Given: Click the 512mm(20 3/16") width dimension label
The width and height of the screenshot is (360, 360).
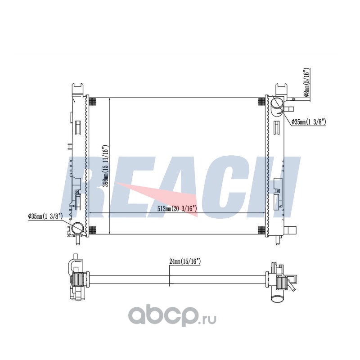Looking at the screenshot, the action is [x=177, y=208].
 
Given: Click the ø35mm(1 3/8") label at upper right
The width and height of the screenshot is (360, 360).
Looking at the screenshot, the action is [x=309, y=122].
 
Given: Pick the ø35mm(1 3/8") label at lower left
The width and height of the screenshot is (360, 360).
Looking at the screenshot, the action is [x=45, y=216].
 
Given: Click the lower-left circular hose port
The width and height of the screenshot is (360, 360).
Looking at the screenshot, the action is [x=77, y=228].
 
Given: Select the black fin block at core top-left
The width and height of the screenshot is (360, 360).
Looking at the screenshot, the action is [x=92, y=101].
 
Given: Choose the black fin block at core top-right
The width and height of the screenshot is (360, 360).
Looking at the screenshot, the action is [x=261, y=101].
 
